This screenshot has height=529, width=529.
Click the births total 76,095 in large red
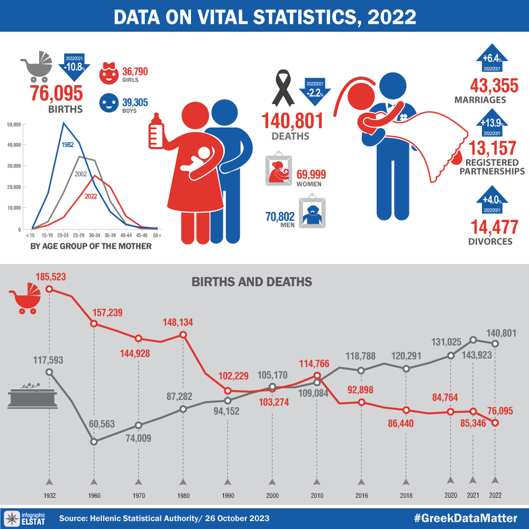click(57, 93)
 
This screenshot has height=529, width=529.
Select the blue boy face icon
click(110, 104)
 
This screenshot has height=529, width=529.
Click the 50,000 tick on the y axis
click(14, 124)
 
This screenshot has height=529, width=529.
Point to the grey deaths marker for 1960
click(94, 441)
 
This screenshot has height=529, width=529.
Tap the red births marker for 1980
click(183, 335)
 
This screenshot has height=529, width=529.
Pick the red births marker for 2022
click(495, 422)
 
